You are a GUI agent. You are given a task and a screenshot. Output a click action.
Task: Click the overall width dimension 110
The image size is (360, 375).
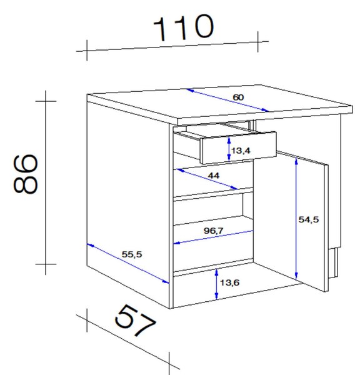tap(184, 27)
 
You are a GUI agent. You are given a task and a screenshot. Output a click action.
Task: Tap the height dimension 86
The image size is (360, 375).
tap(26, 174)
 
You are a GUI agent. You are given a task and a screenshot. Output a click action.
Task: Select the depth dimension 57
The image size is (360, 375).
tap(135, 321)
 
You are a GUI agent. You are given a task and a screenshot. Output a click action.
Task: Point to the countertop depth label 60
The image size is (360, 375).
tap(238, 97)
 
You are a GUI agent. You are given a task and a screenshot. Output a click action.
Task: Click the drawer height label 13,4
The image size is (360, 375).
tap(241, 151)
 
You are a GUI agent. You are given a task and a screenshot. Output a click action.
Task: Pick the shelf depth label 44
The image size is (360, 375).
tap(214, 176)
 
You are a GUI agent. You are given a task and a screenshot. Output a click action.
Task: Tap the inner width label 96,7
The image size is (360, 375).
tap(213, 231)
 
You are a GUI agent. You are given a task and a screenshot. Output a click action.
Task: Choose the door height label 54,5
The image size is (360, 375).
tap(309, 219)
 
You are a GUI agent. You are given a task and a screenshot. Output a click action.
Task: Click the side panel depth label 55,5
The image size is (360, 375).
tap(132, 254)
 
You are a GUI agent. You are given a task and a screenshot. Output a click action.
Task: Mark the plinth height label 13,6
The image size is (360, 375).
tap(229, 282)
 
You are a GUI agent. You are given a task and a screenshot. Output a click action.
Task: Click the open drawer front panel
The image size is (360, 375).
tap(239, 147)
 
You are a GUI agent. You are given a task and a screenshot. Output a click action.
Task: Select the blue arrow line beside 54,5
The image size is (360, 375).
tap(296, 219)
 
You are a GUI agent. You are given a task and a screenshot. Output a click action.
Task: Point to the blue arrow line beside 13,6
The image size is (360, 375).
tap(216, 284)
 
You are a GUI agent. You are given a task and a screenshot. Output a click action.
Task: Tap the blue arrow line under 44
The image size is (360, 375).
tap(207, 179)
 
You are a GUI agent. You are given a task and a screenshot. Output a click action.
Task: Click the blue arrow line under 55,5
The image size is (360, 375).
tap(128, 264)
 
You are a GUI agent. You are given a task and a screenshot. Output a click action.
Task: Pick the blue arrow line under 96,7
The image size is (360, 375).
tap(213, 237)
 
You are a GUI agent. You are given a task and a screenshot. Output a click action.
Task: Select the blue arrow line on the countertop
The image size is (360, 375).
tap(227, 100)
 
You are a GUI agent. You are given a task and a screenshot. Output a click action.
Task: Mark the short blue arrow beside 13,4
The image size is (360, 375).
tap(229, 149)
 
